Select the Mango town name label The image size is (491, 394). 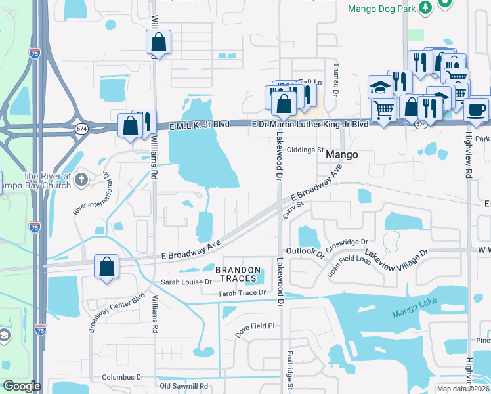tap(343, 155)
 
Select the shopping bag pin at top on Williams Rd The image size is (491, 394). tap(158, 43)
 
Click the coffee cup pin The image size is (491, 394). tap(476, 108)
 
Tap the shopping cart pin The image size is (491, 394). tap(383, 110)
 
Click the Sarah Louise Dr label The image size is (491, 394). tap(187, 282)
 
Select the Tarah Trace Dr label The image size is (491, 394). tap(242, 293)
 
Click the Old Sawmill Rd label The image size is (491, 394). tap(184, 386)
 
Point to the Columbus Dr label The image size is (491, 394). tap(122, 378)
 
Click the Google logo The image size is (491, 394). tap(22, 387)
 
